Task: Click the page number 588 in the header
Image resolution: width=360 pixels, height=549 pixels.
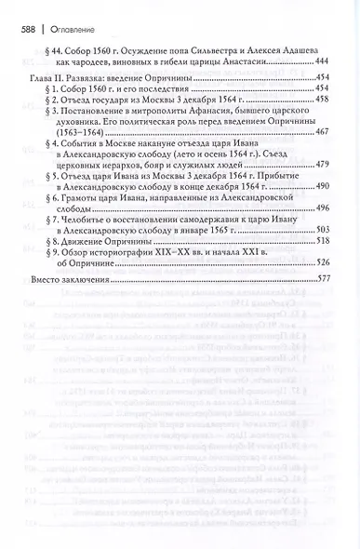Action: click(x=29, y=29)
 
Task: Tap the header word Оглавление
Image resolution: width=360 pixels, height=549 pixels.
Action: click(x=72, y=29)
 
